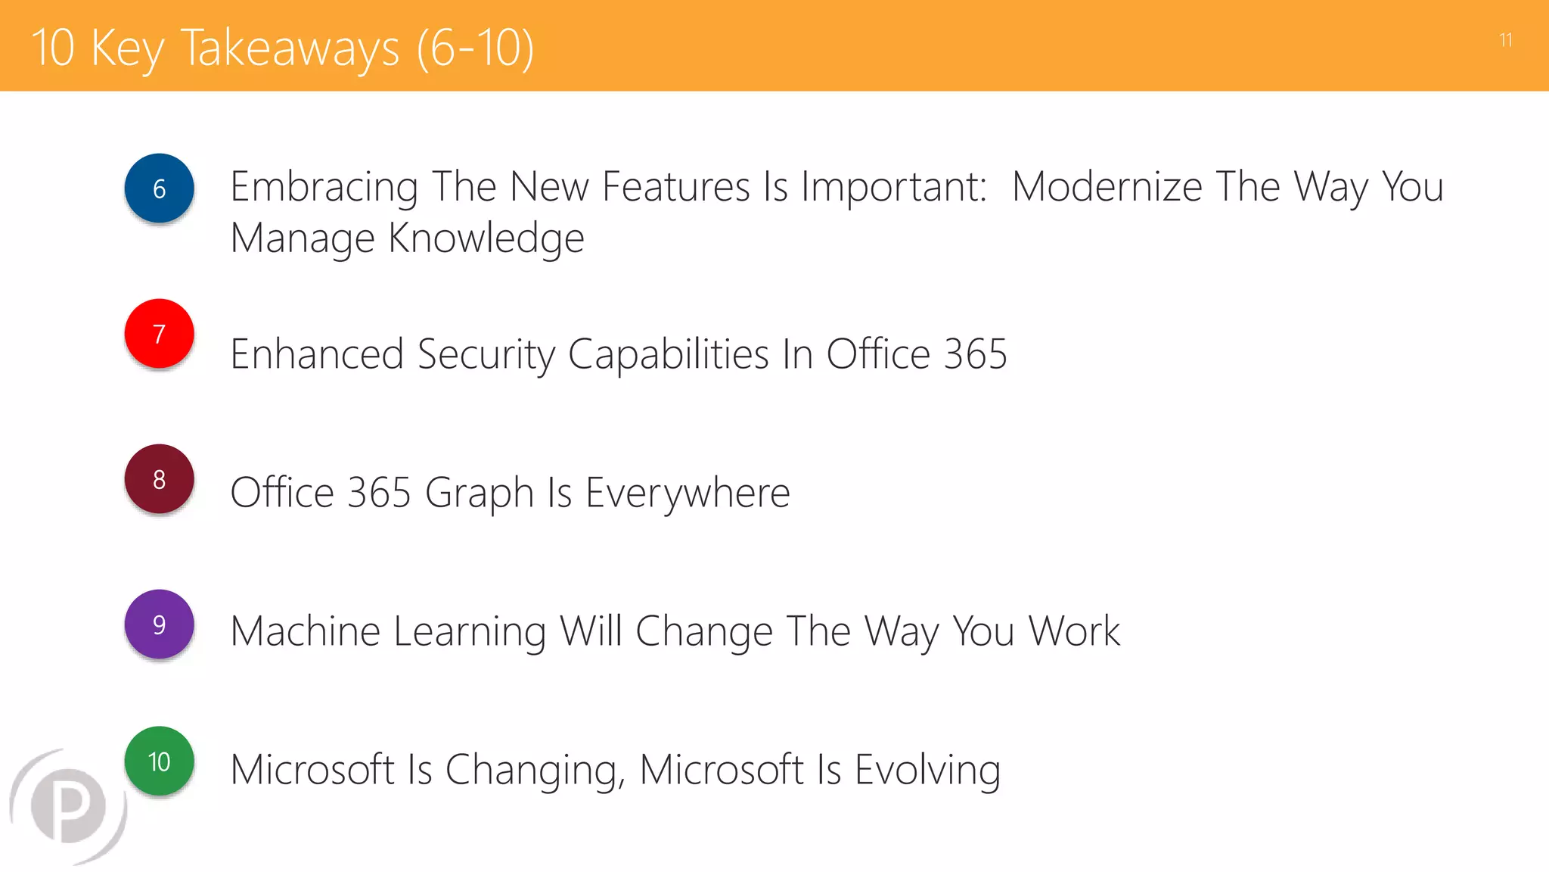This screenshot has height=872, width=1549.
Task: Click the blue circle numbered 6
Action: click(159, 188)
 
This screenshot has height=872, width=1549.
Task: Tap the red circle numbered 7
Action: click(159, 334)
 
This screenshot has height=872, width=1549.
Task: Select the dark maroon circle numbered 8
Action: click(159, 479)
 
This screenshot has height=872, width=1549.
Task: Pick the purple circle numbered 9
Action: click(159, 624)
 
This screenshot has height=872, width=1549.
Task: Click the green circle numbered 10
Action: click(159, 761)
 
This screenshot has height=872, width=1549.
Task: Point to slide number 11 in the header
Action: click(1505, 40)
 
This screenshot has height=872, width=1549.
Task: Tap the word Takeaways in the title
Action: click(290, 48)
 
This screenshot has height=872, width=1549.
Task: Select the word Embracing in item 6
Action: click(324, 187)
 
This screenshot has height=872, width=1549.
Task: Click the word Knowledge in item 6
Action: click(486, 238)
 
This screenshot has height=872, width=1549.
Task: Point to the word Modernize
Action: click(1107, 187)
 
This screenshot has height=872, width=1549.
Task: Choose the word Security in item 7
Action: click(486, 354)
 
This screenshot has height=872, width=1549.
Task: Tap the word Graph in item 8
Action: click(480, 493)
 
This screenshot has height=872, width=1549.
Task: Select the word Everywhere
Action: click(688, 493)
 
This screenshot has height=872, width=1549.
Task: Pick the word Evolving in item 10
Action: click(927, 770)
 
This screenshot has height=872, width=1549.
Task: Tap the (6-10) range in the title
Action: click(475, 48)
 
